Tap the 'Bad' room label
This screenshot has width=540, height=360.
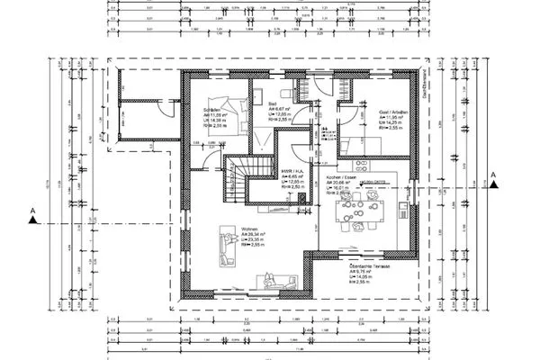pyautogui.click(x=271, y=103)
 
